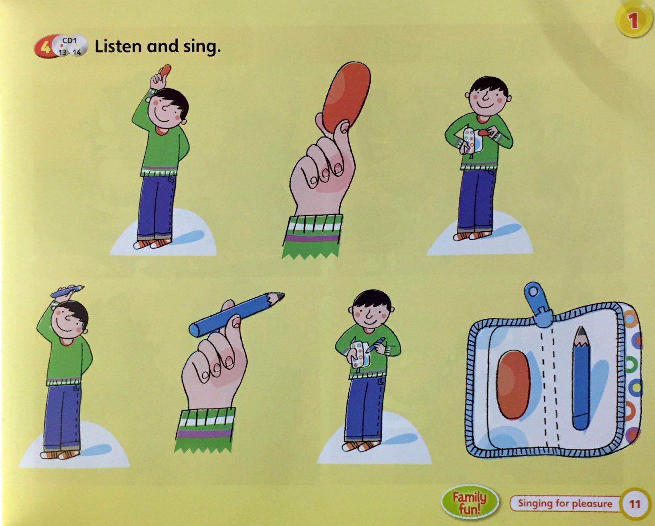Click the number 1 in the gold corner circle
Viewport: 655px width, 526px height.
(634, 21)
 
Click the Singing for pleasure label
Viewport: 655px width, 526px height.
(565, 504)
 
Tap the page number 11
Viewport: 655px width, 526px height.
(635, 504)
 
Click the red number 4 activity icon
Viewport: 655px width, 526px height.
(45, 48)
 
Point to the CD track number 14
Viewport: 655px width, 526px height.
(77, 52)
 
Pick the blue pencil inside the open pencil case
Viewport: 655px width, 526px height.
(581, 378)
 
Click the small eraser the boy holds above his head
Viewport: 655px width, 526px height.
(165, 71)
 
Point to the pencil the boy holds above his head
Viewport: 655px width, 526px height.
(67, 291)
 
